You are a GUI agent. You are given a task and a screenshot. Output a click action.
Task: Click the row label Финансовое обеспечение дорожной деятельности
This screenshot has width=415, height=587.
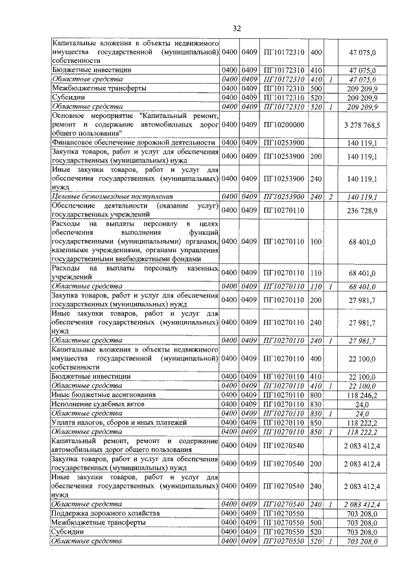tap(133, 143)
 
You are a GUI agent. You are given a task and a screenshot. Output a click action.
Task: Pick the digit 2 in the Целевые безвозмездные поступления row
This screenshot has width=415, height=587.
tap(331, 195)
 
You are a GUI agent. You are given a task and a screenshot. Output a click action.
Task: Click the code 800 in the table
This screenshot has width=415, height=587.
tap(316, 394)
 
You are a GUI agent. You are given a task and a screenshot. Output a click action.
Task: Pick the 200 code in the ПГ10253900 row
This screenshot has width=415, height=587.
tap(316, 156)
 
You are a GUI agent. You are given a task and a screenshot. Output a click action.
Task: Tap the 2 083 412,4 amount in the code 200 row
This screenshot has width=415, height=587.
tap(368, 463)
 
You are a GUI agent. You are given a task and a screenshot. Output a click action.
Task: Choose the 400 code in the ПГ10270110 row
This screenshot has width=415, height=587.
tap(316, 357)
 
